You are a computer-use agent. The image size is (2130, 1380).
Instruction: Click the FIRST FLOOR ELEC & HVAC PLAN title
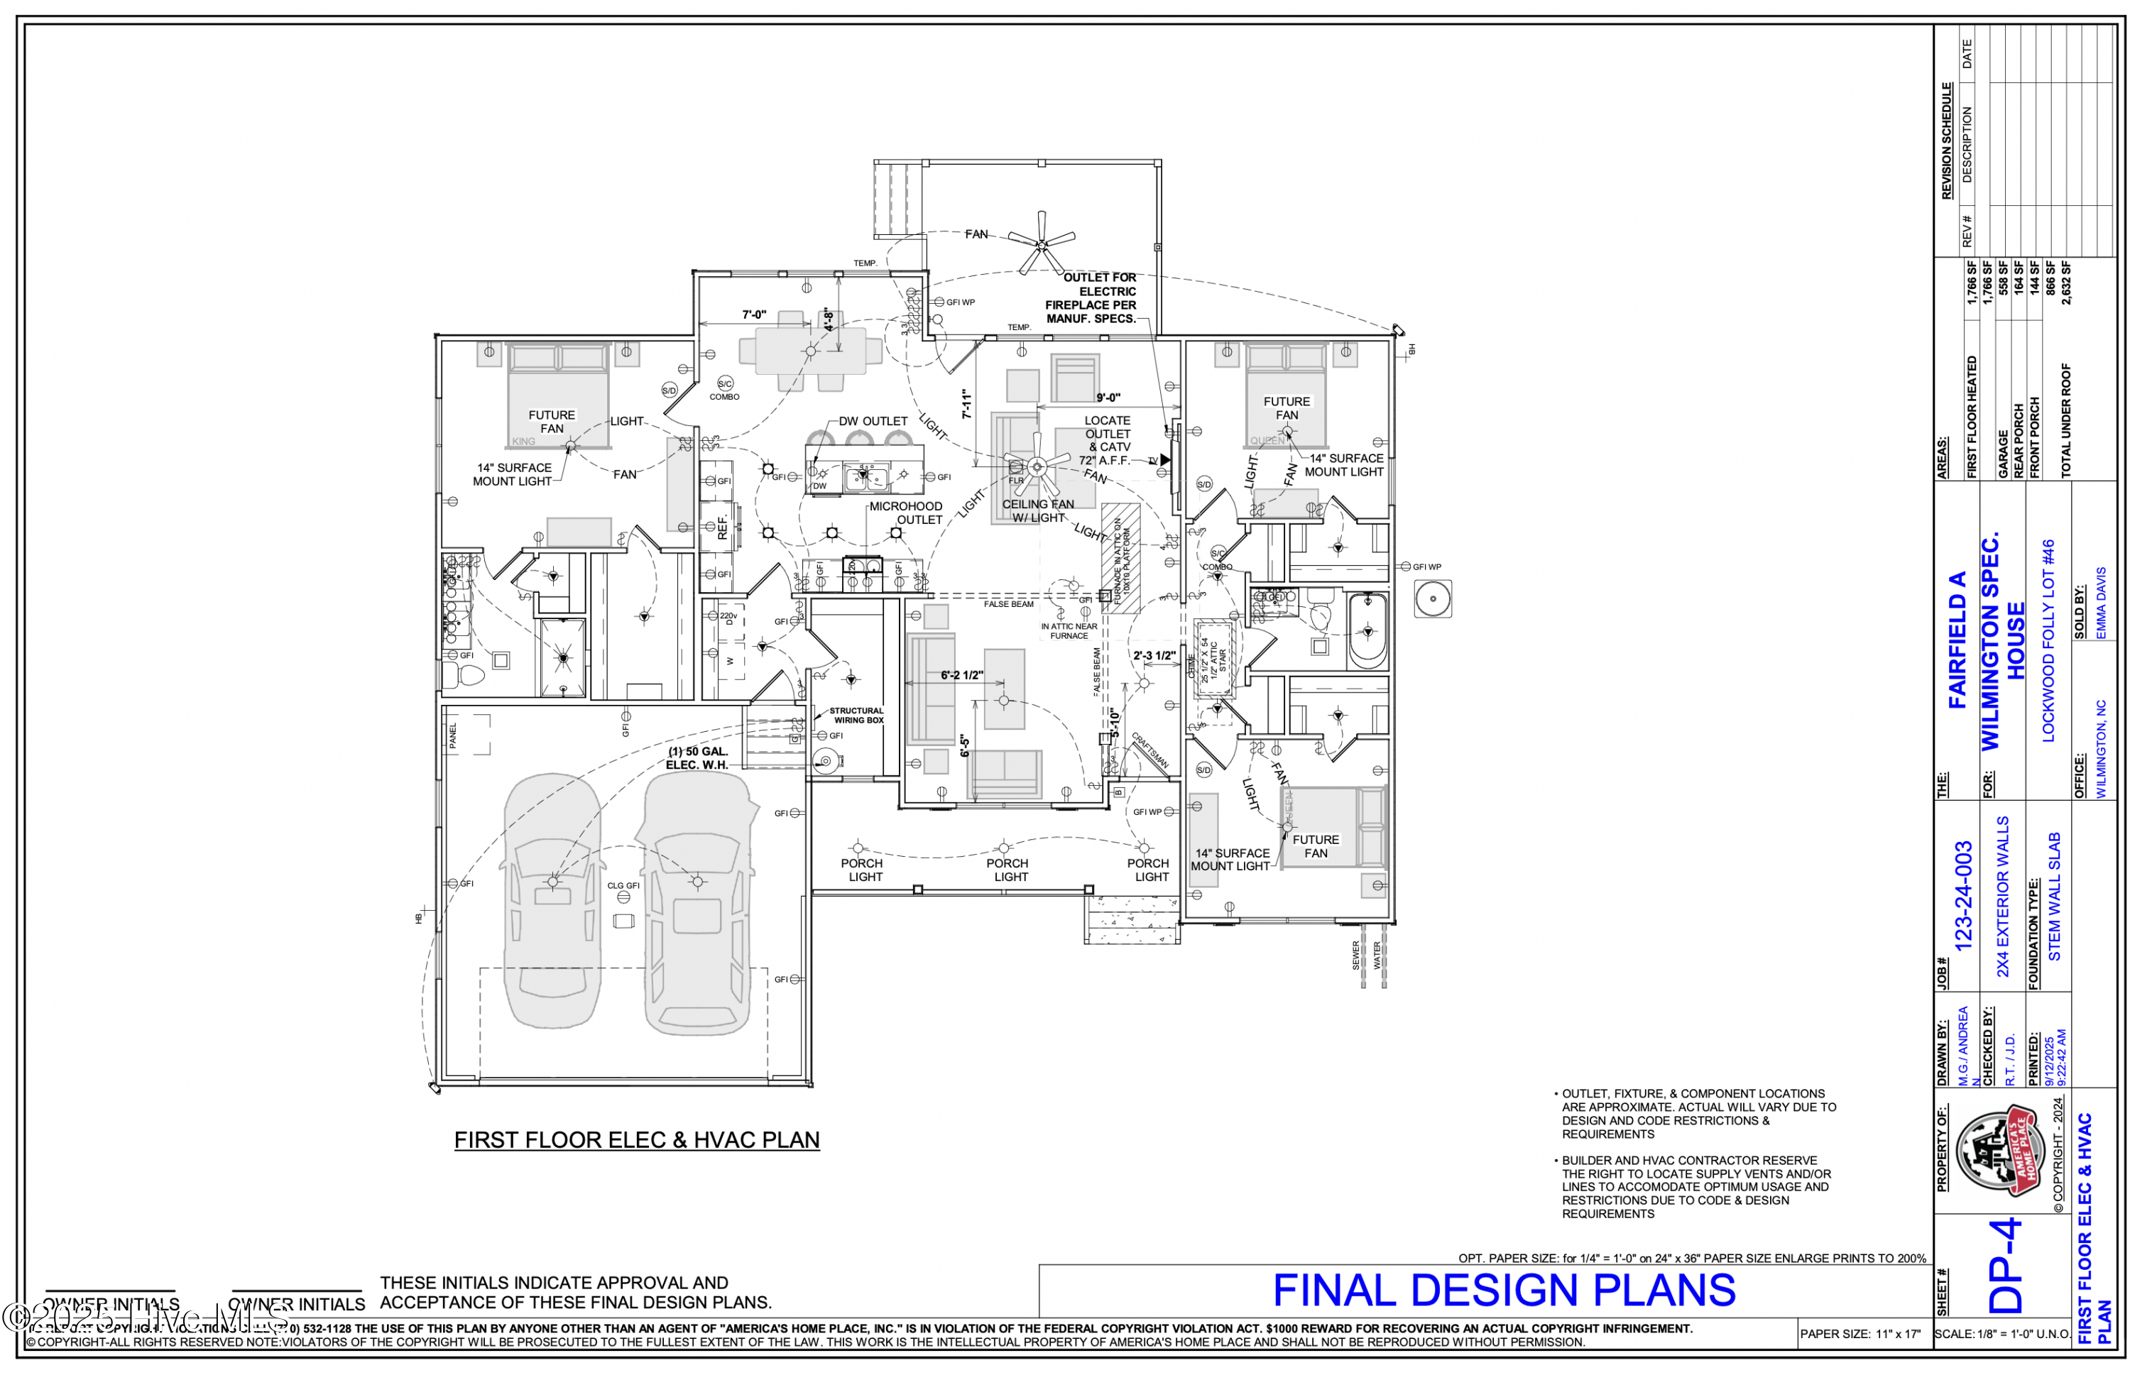coord(636,1139)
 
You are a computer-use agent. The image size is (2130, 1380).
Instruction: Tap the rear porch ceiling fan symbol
coord(1041,243)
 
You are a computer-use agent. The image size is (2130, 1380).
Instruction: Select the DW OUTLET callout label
coord(873,421)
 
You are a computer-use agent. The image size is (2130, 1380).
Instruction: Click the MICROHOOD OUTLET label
coord(906,513)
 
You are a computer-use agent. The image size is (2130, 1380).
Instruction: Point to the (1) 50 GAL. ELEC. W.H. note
coord(697,758)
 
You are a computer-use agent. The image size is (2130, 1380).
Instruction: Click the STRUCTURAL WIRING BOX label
coord(856,715)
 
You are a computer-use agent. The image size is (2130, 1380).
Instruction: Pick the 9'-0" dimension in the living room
coord(1108,398)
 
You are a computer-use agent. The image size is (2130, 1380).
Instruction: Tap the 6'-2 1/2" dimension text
coord(961,676)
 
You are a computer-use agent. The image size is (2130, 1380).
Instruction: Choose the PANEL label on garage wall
coord(453,735)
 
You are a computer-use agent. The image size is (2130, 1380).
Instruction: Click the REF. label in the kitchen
coord(722,526)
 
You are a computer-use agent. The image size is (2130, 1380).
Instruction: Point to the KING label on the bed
coord(523,442)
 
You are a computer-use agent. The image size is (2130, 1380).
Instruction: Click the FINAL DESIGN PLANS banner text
coord(1504,1291)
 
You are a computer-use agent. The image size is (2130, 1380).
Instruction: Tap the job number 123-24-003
coord(1962,896)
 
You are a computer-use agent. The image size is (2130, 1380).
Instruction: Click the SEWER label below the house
coord(1356,955)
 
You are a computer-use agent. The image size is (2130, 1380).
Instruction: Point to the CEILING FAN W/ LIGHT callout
coord(1037,510)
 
